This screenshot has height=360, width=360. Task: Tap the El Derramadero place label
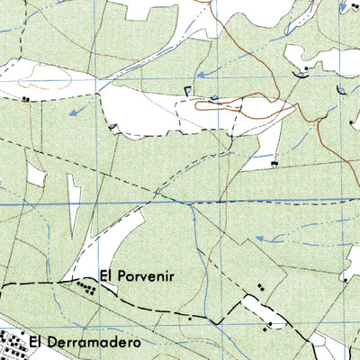tap(85, 342)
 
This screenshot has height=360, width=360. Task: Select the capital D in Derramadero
tap(46, 342)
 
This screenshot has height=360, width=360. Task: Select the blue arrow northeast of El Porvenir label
tap(262, 238)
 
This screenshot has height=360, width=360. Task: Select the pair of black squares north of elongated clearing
tap(261, 287)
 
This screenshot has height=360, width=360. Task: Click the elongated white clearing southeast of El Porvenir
tap(261, 310)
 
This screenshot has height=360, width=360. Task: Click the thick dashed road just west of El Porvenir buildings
tap(45, 282)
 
